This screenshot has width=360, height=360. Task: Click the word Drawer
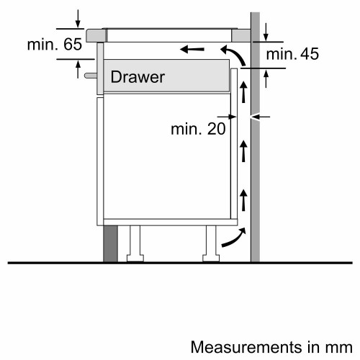point(138,76)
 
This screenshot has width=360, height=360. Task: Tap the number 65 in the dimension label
point(72,45)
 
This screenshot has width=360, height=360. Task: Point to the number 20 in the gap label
point(214,129)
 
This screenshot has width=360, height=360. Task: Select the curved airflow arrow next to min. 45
point(230,55)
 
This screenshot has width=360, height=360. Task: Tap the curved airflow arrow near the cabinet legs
point(233,238)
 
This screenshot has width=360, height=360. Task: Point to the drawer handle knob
point(89,74)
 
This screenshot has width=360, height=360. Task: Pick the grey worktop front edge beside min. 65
point(94,34)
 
